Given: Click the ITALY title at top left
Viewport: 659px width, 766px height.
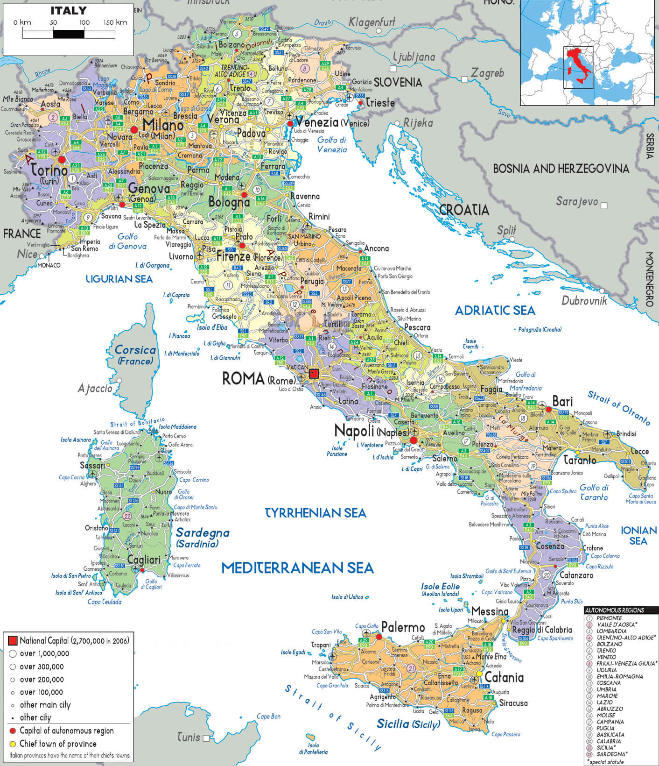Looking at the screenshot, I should click(69, 10).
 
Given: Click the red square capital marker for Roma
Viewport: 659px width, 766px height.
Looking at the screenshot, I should click(314, 374).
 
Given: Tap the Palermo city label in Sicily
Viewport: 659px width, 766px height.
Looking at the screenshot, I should click(403, 627).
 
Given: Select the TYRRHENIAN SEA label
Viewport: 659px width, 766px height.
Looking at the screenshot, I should click(315, 513).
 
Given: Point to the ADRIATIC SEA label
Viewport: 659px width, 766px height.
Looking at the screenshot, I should click(495, 311).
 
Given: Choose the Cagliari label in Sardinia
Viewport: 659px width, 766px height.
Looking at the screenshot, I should click(144, 560).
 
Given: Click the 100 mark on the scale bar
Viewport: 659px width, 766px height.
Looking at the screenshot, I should click(84, 22).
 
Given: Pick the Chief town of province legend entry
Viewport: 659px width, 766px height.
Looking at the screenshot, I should click(58, 744).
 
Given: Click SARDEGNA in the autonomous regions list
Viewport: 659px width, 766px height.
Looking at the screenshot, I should click(610, 754).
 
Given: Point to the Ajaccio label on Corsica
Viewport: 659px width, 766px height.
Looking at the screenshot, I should click(95, 388).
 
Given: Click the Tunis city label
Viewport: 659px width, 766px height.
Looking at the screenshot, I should click(189, 738).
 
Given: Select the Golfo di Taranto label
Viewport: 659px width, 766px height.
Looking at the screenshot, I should click(594, 492).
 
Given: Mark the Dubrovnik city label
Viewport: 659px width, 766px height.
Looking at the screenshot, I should click(584, 301).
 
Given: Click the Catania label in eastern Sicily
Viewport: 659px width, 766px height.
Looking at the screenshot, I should click(504, 677).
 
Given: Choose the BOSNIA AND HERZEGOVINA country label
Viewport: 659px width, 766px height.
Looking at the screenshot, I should click(561, 169).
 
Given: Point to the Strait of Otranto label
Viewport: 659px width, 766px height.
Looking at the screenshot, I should click(618, 408).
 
